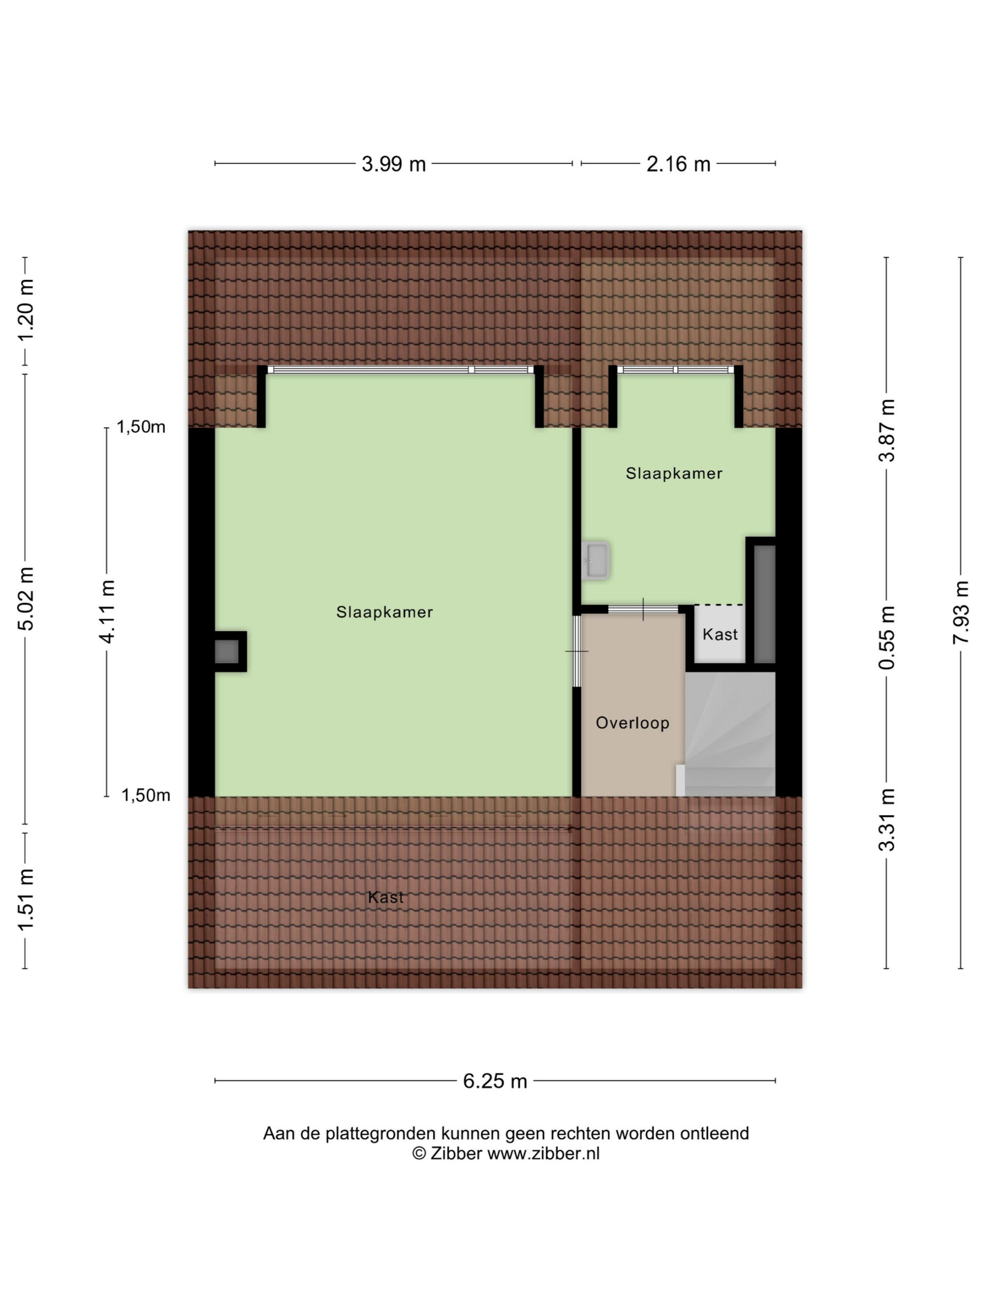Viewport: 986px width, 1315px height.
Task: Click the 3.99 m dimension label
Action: pos(393,163)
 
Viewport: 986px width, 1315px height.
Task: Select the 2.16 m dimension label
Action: pos(678,163)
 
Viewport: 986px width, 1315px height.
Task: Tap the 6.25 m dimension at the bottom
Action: pos(495,1081)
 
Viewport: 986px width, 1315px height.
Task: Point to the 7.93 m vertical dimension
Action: pos(960,612)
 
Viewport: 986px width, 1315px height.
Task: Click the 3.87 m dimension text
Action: pos(887,430)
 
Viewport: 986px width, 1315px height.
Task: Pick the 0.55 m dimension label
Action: pos(887,637)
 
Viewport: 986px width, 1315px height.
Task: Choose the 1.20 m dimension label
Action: pos(25,310)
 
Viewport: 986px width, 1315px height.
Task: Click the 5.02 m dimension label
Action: pos(25,598)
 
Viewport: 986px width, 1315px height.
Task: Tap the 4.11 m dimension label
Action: pos(107,612)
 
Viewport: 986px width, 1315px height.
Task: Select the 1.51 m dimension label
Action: pos(25,899)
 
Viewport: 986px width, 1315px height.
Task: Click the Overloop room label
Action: pos(632,723)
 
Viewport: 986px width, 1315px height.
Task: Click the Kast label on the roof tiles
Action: pos(386,897)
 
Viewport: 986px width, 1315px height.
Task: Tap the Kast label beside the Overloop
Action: pos(720,634)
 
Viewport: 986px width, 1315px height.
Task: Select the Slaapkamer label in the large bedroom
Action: pos(385,612)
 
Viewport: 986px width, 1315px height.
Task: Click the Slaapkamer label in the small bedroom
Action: pos(674,474)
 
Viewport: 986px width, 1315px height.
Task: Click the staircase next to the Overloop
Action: pos(730,734)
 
